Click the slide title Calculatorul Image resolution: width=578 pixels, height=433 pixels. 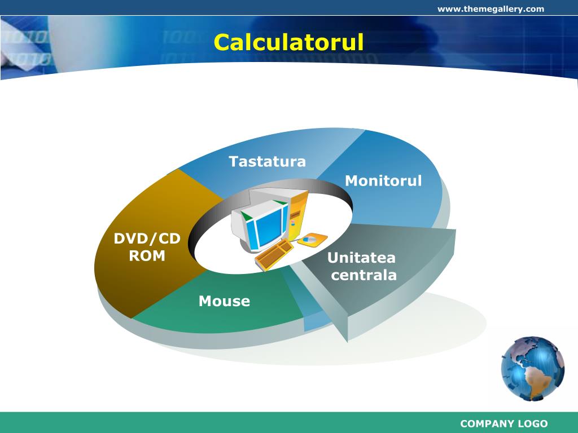click(288, 43)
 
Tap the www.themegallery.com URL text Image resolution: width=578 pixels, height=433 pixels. click(491, 8)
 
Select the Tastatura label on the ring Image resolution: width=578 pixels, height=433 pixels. click(267, 162)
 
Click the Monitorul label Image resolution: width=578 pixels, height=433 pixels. click(383, 181)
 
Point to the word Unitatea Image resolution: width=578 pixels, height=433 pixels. click(361, 258)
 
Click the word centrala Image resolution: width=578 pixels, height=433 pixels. click(364, 275)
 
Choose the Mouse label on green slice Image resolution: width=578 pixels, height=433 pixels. click(224, 301)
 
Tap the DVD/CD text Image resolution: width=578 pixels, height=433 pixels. click(147, 239)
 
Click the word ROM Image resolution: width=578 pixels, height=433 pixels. click(147, 256)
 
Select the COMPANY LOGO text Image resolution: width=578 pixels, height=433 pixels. click(503, 424)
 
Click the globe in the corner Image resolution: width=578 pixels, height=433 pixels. click(532, 369)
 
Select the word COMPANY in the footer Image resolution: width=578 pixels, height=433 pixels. click(487, 424)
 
